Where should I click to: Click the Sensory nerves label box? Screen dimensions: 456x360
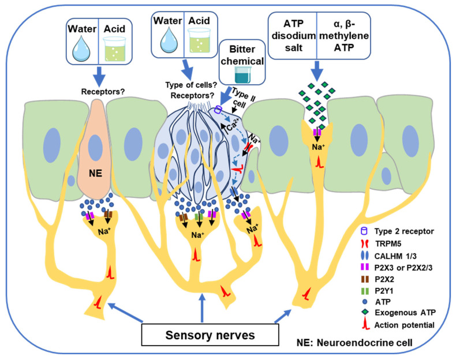[x=210, y=335]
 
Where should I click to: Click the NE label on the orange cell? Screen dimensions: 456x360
[x=95, y=174]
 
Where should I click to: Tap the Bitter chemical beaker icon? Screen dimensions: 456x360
[x=242, y=74]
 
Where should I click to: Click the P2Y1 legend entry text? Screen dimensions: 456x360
[x=384, y=291]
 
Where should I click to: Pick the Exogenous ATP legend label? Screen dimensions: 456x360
[x=405, y=313]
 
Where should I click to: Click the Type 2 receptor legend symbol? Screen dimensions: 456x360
[x=364, y=231]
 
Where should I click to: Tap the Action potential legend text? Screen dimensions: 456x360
[x=404, y=325]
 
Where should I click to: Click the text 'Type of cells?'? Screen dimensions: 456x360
[x=191, y=85]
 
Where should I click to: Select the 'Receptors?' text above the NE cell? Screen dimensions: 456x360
[x=103, y=92]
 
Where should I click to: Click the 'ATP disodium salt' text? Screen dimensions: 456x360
[x=293, y=35]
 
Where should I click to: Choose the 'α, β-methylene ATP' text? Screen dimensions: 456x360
[x=344, y=35]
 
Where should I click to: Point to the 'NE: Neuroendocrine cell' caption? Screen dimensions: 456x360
[x=354, y=343]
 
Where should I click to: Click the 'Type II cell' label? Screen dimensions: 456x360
[x=242, y=98]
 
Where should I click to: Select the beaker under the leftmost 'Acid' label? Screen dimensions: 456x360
[x=115, y=49]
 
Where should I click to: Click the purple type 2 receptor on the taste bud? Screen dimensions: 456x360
[x=218, y=110]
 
